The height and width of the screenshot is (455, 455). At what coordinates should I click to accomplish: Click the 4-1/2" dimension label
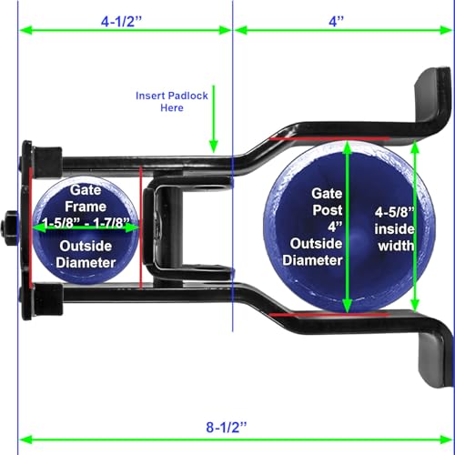tap(121, 22)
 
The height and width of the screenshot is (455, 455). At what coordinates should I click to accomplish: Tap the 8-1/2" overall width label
tap(227, 427)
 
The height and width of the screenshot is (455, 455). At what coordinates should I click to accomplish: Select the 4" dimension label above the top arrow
tap(337, 22)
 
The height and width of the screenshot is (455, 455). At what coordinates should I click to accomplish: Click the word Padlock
tap(189, 96)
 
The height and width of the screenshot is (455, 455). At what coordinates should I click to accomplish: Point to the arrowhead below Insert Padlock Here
tap(214, 147)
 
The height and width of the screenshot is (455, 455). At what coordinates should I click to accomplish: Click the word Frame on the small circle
tap(86, 207)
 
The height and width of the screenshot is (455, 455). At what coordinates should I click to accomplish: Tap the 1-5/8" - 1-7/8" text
tap(86, 223)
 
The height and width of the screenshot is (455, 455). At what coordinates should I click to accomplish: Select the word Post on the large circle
tap(328, 210)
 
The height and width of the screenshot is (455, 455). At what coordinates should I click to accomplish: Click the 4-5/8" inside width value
tap(395, 212)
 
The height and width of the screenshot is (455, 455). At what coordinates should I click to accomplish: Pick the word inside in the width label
tap(394, 229)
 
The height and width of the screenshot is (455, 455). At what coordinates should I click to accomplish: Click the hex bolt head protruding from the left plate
tap(9, 228)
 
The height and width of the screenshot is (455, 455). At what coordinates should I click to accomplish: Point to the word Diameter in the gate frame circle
tap(86, 263)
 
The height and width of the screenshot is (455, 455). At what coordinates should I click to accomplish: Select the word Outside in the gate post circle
tap(316, 244)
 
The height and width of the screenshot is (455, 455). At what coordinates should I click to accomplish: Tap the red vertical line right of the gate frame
tap(141, 227)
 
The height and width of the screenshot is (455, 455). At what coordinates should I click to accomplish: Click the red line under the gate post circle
tap(329, 315)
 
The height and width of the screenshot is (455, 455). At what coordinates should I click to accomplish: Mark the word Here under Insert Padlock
tap(172, 108)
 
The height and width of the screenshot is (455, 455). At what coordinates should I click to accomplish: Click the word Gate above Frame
tap(86, 190)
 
